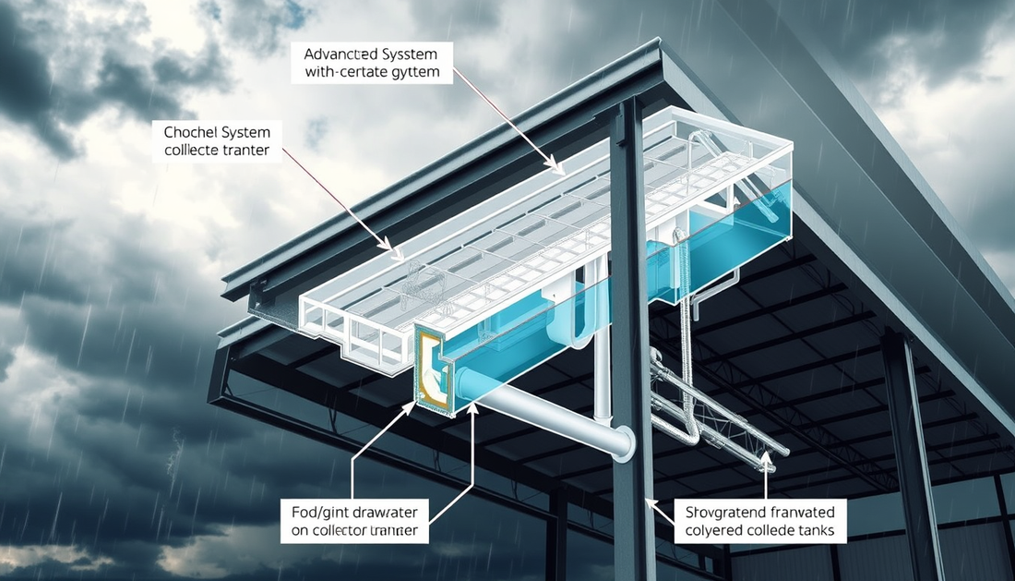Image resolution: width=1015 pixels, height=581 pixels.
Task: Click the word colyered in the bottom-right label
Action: pos(718,531)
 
